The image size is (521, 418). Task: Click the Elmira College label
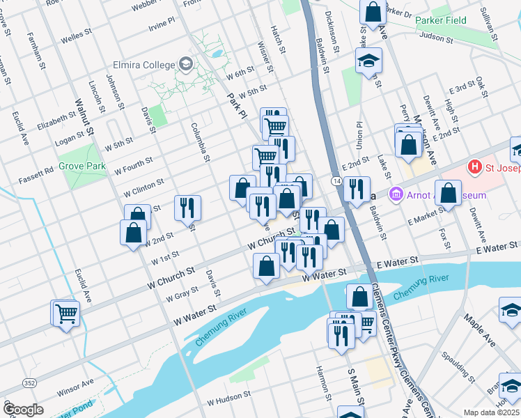[x=146, y=65]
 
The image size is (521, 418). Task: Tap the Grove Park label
[x=82, y=167]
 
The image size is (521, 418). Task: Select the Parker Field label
[x=440, y=21]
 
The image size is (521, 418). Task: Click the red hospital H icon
[x=475, y=167]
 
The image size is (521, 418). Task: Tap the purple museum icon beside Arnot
[x=396, y=192]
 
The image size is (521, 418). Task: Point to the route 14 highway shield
[x=336, y=181]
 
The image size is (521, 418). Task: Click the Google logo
[x=24, y=410]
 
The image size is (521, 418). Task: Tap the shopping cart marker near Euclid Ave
[x=66, y=313]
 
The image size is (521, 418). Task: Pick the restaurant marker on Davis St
[x=188, y=208]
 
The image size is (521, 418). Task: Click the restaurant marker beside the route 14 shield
[x=356, y=189]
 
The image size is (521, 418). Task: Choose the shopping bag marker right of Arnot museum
[x=449, y=193]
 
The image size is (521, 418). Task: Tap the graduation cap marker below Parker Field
[x=369, y=61]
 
